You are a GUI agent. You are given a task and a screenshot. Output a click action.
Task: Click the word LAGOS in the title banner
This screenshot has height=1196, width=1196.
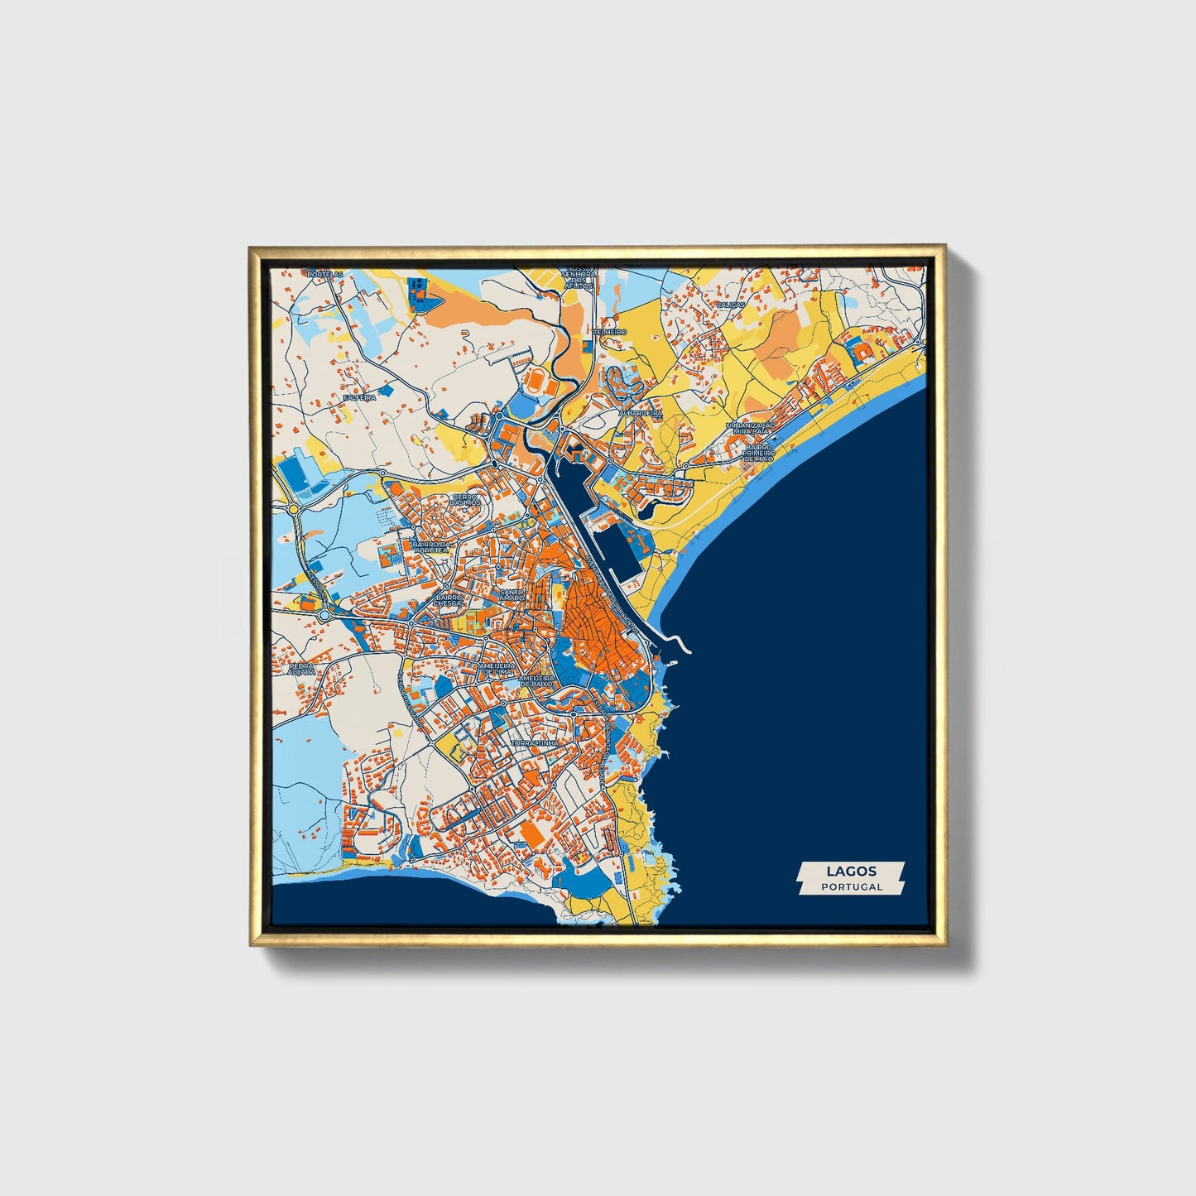[851, 871]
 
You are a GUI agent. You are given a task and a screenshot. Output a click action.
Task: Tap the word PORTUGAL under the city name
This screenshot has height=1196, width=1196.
[852, 886]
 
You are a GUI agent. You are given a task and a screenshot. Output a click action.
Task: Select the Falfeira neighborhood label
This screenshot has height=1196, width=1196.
[359, 397]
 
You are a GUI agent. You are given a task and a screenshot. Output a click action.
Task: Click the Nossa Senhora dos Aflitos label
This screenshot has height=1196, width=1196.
[578, 278]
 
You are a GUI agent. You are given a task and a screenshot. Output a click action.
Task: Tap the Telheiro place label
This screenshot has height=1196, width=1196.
[610, 331]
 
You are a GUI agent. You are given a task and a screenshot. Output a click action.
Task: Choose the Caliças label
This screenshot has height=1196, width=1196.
[730, 305]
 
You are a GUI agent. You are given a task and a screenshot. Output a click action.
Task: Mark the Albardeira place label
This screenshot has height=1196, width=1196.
[641, 412]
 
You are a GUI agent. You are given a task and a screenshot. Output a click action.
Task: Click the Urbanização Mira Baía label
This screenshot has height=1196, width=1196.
[752, 429]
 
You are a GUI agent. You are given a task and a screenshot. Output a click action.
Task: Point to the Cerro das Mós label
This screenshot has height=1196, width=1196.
[466, 500]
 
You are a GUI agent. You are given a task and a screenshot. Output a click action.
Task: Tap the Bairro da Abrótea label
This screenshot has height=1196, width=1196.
[432, 548]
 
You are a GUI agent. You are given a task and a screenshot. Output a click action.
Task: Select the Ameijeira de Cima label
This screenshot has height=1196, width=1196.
[497, 668]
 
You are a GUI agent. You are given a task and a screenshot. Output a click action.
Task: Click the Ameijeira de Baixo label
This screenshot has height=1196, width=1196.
[536, 681]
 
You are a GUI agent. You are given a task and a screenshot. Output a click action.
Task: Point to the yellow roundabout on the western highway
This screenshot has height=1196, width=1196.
[293, 509]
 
